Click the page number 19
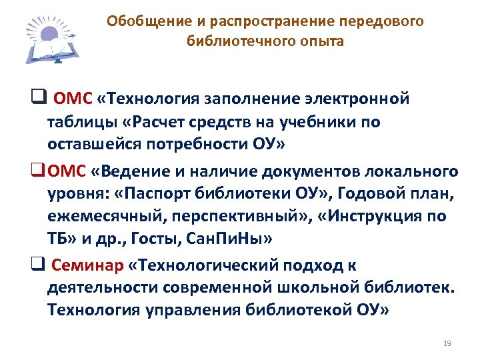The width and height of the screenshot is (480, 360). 447,343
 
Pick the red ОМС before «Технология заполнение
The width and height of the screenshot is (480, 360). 73,99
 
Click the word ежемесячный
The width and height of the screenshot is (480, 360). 100,217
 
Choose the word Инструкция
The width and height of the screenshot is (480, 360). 374,217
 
